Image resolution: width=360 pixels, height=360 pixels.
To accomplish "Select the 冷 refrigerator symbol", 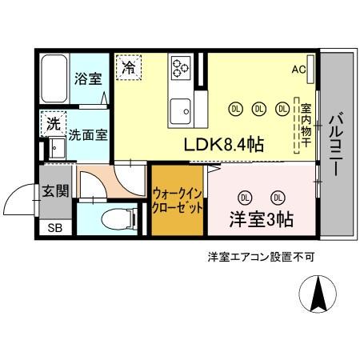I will pyautogui.click(x=128, y=67).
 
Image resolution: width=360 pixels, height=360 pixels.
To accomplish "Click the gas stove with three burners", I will pyautogui.click(x=180, y=70).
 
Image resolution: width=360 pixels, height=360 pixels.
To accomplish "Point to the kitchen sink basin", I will pyautogui.click(x=179, y=109).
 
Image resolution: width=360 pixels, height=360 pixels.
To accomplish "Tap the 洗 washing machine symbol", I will pyautogui.click(x=52, y=124).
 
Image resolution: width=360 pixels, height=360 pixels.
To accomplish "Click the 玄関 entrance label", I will pyautogui.click(x=54, y=191).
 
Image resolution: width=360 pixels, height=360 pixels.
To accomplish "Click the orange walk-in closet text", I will pyautogui.click(x=176, y=201).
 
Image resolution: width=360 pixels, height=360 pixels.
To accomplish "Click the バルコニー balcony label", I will pyautogui.click(x=335, y=144).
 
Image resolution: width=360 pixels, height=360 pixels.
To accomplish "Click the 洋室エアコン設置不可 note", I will pyautogui.click(x=261, y=257).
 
